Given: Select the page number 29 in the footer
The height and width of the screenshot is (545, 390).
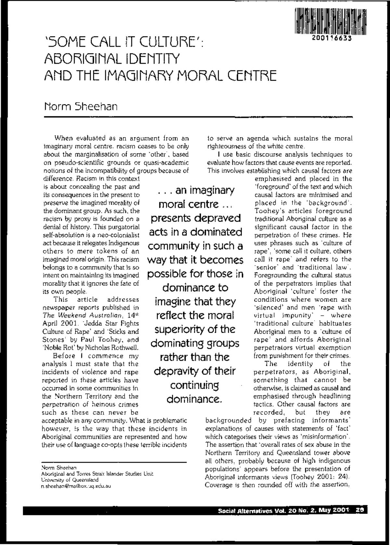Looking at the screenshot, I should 359,510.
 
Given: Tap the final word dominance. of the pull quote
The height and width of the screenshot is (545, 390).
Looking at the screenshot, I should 194,399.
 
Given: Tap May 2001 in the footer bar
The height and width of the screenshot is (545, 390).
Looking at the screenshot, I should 331,510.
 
